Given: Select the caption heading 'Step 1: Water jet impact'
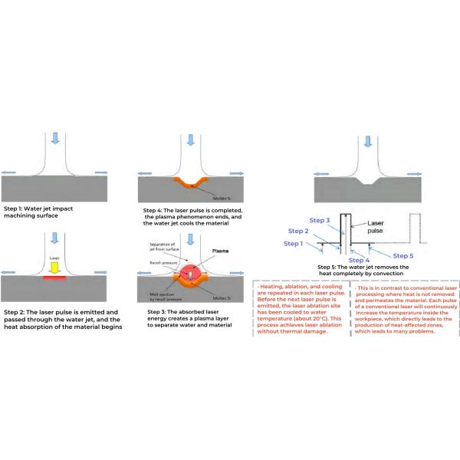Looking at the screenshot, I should (x=42, y=209).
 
